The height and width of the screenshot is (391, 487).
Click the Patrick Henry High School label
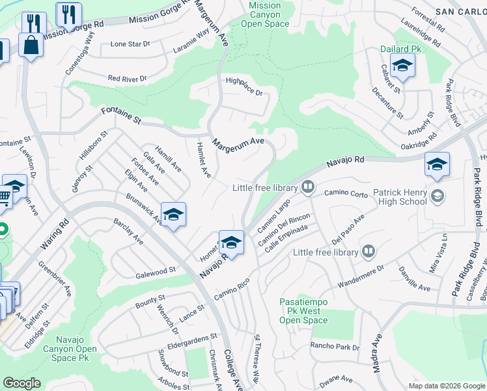pyautogui.click(x=399, y=197)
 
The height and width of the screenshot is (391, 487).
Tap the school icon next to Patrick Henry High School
pyautogui.click(x=438, y=195)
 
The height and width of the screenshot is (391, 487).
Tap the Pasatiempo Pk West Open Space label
pyautogui.click(x=303, y=311)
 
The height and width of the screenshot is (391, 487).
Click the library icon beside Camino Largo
pyautogui.click(x=308, y=188)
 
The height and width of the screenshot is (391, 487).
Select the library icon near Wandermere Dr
pyautogui.click(x=368, y=252)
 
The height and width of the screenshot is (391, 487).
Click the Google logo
pyautogui.click(x=21, y=383)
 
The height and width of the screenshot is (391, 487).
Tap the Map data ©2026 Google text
pyautogui.click(x=446, y=386)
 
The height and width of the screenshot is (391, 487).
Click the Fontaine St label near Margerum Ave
pyautogui.click(x=120, y=117)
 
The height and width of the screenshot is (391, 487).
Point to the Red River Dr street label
pyautogui.click(x=128, y=78)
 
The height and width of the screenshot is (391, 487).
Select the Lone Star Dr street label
pyautogui.click(x=130, y=44)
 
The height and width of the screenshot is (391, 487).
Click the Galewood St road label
pyautogui.click(x=156, y=270)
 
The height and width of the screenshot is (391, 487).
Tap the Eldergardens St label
pyautogui.click(x=191, y=338)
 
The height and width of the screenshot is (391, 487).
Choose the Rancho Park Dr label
pyautogui.click(x=335, y=347)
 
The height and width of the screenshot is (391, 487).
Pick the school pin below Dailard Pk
pyautogui.click(x=402, y=66)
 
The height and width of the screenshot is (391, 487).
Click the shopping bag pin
pyautogui.click(x=31, y=46)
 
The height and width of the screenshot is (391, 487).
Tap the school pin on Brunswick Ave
pyautogui.click(x=173, y=214)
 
